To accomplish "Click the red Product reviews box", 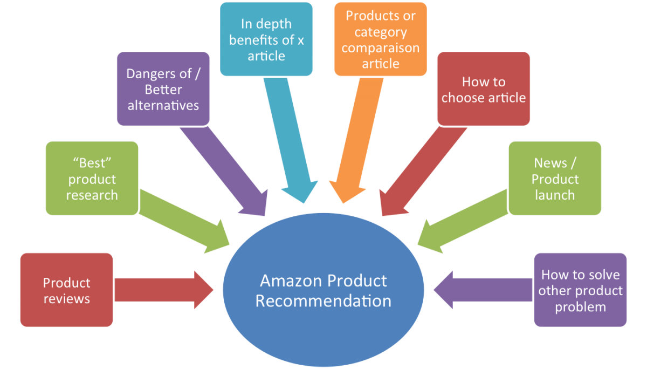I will pyautogui.click(x=66, y=290).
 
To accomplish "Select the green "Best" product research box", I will pyautogui.click(x=92, y=179).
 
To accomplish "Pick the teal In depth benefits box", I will pyautogui.click(x=266, y=39).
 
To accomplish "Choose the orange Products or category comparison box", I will pyautogui.click(x=381, y=39).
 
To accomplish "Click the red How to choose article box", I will pyautogui.click(x=484, y=89).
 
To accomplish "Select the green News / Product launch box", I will pyautogui.click(x=555, y=179).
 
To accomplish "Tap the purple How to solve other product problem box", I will pyautogui.click(x=580, y=290).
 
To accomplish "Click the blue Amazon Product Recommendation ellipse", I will pyautogui.click(x=323, y=291).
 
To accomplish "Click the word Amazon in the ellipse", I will pyautogui.click(x=290, y=281).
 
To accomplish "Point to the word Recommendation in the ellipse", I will pyautogui.click(x=323, y=301).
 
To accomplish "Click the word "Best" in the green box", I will pyautogui.click(x=92, y=163).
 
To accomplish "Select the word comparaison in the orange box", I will pyautogui.click(x=381, y=48).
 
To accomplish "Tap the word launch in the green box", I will pyautogui.click(x=555, y=195).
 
